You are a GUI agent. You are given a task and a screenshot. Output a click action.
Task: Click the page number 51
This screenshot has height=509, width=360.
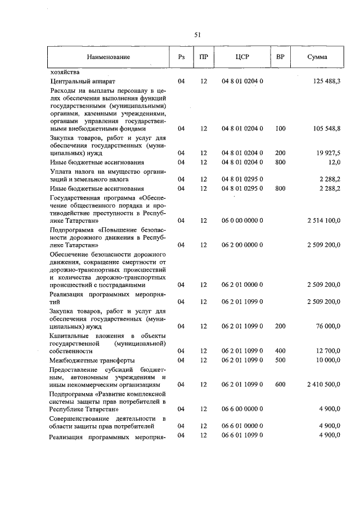click(x=197, y=35)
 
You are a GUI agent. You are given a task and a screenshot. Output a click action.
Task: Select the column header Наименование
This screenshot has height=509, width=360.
click(x=109, y=57)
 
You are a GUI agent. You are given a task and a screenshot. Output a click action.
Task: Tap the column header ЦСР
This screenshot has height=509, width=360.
click(x=242, y=57)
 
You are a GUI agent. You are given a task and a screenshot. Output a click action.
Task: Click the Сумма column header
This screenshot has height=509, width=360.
click(x=318, y=57)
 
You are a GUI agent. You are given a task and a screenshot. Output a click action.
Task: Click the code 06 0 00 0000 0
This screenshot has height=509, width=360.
click(x=242, y=221)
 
